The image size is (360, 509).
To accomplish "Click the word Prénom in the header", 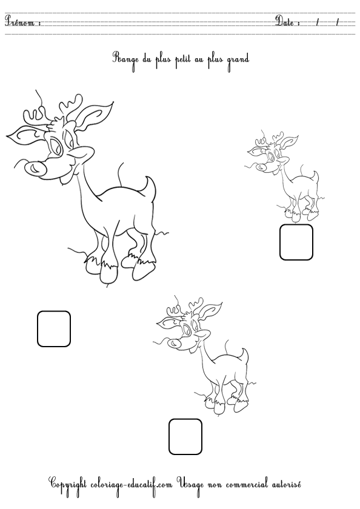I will click(22, 22).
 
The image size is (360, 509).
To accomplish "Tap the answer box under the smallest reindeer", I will click(296, 242).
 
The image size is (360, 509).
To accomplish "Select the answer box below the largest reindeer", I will click(54, 328).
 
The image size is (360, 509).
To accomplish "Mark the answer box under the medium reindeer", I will click(185, 436).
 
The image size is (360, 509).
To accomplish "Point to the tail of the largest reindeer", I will click(149, 187).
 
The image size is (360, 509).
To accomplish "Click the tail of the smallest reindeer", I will click(315, 178).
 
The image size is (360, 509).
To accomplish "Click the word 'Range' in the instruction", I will click(124, 59).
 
